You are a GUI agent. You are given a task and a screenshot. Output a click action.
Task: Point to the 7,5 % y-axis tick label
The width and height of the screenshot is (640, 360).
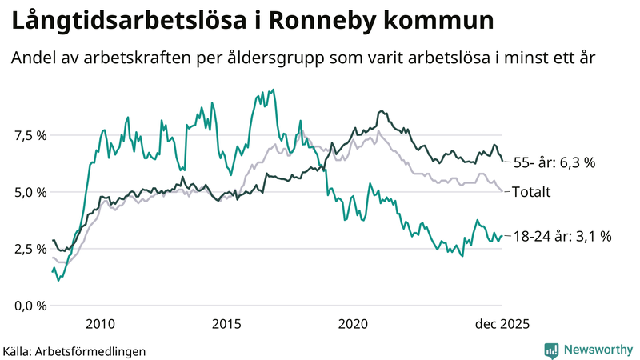[x=30, y=135]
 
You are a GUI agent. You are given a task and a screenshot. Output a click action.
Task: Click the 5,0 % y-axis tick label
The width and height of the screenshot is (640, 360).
[x=30, y=192]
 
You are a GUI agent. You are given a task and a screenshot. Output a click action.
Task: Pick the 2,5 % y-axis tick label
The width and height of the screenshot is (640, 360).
[x=30, y=249]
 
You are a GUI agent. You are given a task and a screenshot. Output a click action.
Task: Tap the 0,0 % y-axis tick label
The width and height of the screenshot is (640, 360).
[x=30, y=306]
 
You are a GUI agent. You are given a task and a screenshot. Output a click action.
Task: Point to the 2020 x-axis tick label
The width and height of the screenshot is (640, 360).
[x=353, y=324]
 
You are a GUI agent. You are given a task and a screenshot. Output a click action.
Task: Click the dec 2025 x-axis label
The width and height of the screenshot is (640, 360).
[x=502, y=324]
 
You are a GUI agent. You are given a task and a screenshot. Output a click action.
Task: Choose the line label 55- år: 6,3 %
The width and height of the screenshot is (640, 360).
[x=554, y=162]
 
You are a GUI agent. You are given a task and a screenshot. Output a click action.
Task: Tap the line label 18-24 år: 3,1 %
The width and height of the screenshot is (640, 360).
[x=562, y=236]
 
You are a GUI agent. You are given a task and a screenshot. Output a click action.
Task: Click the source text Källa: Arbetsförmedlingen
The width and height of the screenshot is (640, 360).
[x=74, y=350]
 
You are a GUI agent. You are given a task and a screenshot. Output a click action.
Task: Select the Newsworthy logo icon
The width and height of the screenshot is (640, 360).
[x=551, y=350]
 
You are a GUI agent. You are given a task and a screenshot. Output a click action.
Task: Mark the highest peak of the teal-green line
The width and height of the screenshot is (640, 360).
[x=274, y=90]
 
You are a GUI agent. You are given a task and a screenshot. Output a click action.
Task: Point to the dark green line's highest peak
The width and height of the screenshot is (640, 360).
[x=382, y=111]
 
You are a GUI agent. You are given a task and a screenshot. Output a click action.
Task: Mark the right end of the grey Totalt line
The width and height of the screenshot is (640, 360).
[x=502, y=191]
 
